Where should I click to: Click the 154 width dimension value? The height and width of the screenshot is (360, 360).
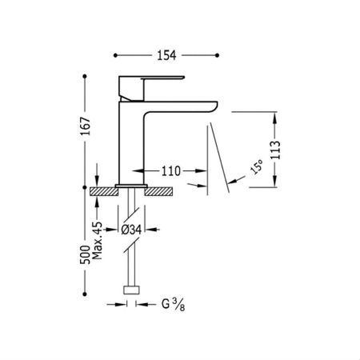pyautogui.click(x=166, y=55)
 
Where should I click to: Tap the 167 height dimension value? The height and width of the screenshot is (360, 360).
pyautogui.click(x=86, y=126)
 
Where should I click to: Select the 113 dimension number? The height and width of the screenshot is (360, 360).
pyautogui.click(x=275, y=150)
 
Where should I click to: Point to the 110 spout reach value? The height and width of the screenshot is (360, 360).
pyautogui.click(x=171, y=171)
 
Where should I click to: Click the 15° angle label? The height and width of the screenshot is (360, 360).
pyautogui.click(x=256, y=166)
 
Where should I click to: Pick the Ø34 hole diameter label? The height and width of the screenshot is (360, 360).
pyautogui.click(x=131, y=230)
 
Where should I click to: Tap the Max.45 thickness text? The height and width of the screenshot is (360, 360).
pyautogui.click(x=97, y=241)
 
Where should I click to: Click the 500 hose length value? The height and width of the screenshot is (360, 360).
pyautogui.click(x=86, y=254)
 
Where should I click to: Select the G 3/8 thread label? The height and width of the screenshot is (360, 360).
pyautogui.click(x=174, y=305)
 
